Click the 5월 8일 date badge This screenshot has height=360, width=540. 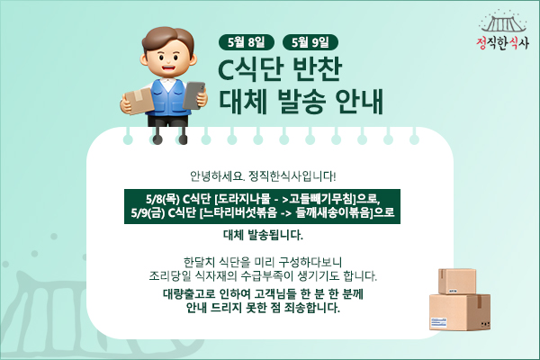tap(247, 42)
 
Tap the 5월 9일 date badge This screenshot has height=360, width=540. tap(310, 42)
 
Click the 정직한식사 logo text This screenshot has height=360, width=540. tap(502, 43)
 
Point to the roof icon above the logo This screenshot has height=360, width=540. tap(503, 22)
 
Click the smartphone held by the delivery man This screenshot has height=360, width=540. tap(193, 95)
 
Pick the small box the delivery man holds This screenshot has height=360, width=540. tap(139, 101)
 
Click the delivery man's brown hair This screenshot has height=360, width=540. tap(168, 40)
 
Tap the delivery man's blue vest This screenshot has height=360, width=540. tap(169, 97)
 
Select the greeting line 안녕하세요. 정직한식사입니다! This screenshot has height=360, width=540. tap(263, 176)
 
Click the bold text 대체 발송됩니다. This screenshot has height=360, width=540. tap(263, 235)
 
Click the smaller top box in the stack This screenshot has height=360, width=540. tap(457, 281)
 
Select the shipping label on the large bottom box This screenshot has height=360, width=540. tap(438, 323)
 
